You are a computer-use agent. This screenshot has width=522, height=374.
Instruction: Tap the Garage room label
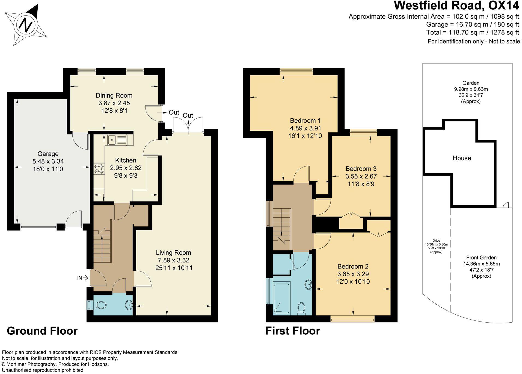click(x=48, y=154)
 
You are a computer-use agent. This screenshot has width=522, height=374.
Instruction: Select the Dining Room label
click(x=114, y=95)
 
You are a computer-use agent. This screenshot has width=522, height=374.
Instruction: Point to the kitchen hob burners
click(x=99, y=169)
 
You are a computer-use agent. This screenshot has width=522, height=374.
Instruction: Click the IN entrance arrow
click(x=83, y=278)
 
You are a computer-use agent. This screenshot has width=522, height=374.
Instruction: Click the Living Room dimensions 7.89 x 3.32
click(x=173, y=260)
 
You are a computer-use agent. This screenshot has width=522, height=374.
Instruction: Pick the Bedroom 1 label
click(x=305, y=121)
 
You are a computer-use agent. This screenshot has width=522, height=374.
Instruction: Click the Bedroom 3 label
click(x=361, y=169)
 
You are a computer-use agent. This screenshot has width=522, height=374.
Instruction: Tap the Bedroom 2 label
click(x=353, y=266)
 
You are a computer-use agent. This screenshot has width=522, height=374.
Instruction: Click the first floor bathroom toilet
click(x=301, y=308)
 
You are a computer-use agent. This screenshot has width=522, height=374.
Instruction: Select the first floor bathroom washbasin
click(x=309, y=284)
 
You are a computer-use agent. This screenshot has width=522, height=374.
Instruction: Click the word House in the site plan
click(x=462, y=158)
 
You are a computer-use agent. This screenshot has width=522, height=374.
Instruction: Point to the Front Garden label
click(x=481, y=258)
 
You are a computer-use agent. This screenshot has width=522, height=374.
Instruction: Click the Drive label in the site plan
click(x=436, y=241)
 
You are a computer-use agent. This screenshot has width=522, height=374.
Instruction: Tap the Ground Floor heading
click(x=42, y=331)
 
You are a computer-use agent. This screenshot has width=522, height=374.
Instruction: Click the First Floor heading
click(x=293, y=331)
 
